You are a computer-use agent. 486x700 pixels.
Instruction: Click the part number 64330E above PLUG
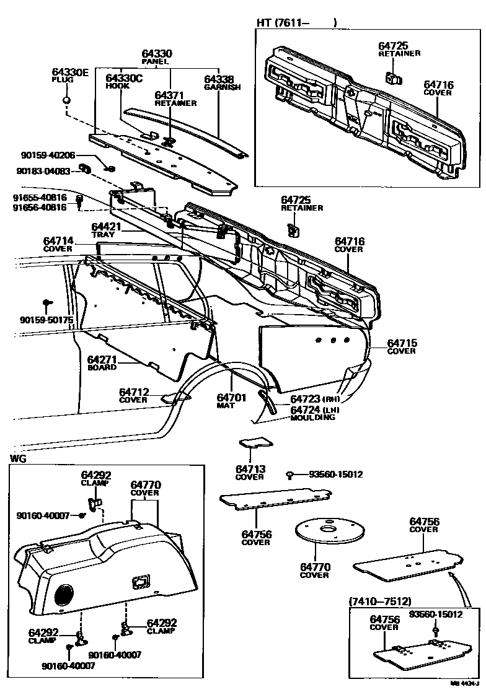tap(69, 73)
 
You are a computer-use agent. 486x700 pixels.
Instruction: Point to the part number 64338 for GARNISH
tap(219, 79)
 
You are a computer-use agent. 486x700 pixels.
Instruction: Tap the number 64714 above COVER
tap(58, 241)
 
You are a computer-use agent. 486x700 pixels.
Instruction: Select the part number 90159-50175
tap(46, 320)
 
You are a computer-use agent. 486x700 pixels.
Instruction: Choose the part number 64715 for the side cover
tap(402, 343)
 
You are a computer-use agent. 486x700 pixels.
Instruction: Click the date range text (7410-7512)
tap(380, 602)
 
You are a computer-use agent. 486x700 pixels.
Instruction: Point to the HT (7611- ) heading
tap(297, 23)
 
